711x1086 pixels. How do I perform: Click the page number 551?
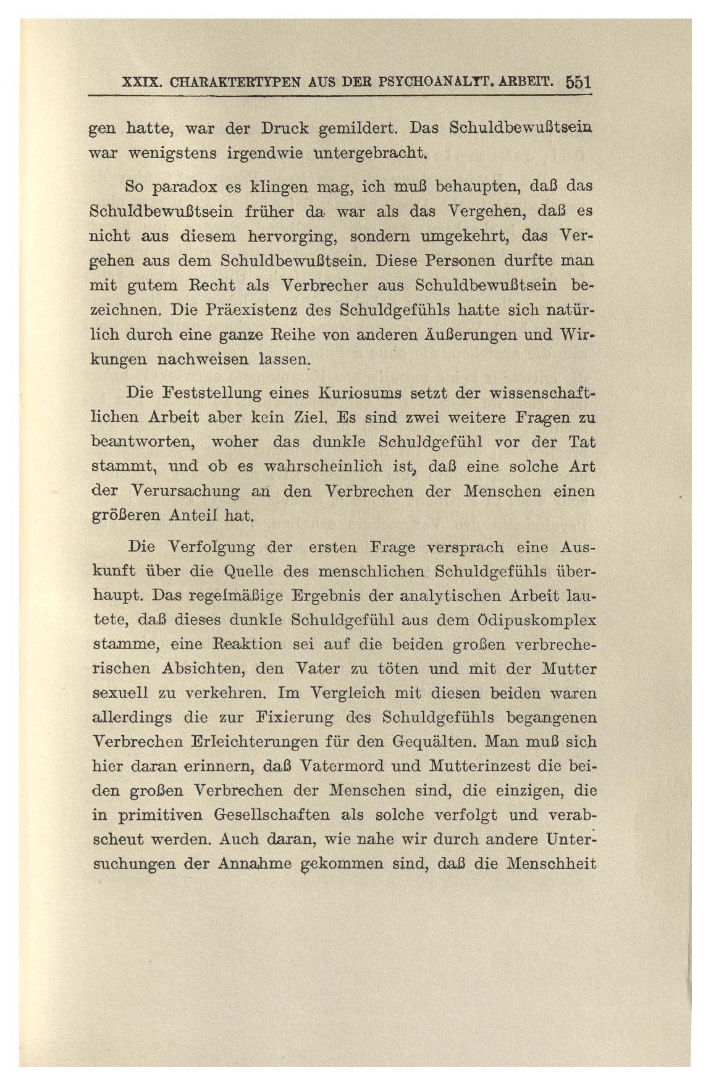578,83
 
